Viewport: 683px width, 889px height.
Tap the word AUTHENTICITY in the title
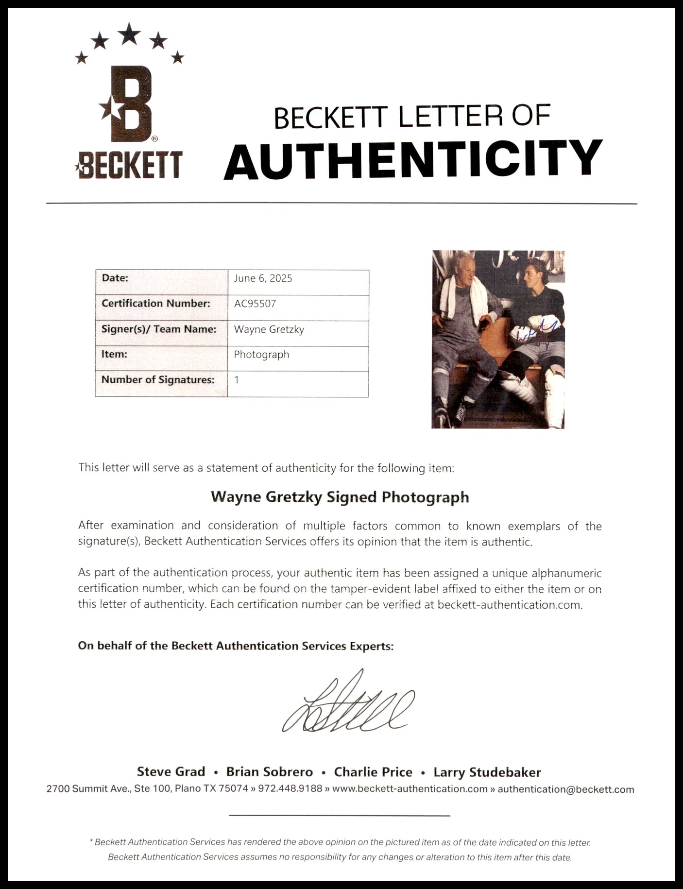[413, 158]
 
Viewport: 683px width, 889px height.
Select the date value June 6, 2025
[263, 278]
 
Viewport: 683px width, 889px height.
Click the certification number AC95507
[255, 304]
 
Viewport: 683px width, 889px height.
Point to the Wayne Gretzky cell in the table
[269, 329]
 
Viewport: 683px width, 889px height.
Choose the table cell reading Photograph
[261, 355]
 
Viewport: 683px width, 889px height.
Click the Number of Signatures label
[157, 380]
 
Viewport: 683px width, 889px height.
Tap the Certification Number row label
[155, 304]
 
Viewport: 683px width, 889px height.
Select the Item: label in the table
[114, 355]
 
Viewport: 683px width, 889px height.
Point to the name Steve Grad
[171, 772]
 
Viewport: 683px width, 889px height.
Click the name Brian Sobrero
[270, 772]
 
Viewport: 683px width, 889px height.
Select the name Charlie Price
[373, 772]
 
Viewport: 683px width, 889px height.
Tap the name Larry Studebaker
[487, 772]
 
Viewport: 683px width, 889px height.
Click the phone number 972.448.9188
[290, 788]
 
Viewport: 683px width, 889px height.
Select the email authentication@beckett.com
[566, 789]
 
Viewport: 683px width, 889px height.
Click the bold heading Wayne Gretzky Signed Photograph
[340, 497]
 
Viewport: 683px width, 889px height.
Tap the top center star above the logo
[129, 34]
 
